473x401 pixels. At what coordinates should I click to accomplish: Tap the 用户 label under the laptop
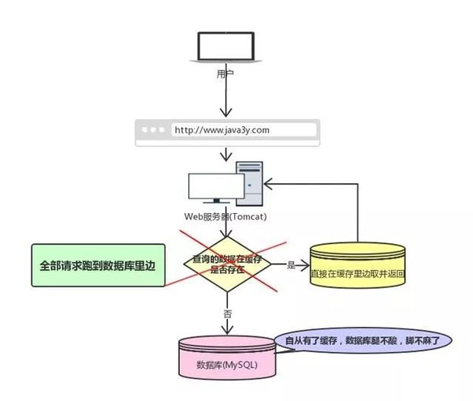tap(226, 73)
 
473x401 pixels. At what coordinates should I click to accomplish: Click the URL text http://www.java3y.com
tap(222, 129)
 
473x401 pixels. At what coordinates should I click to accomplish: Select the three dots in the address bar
tap(154, 129)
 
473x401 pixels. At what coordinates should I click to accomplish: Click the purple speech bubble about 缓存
tap(363, 341)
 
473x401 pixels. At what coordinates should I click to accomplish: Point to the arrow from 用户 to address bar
tap(226, 99)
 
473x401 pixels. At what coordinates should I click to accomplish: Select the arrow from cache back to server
tap(358, 205)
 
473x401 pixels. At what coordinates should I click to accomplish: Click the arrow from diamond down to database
tap(226, 304)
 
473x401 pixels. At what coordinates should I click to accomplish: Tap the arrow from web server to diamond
tap(226, 229)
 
